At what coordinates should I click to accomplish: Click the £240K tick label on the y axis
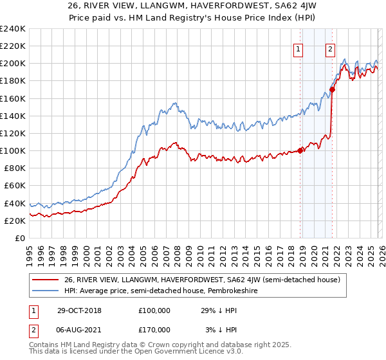tap(13, 29)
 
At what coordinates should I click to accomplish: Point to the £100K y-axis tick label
tap(13, 150)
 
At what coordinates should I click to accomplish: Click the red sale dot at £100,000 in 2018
tap(300, 150)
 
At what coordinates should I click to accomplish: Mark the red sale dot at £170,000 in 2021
tap(332, 89)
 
